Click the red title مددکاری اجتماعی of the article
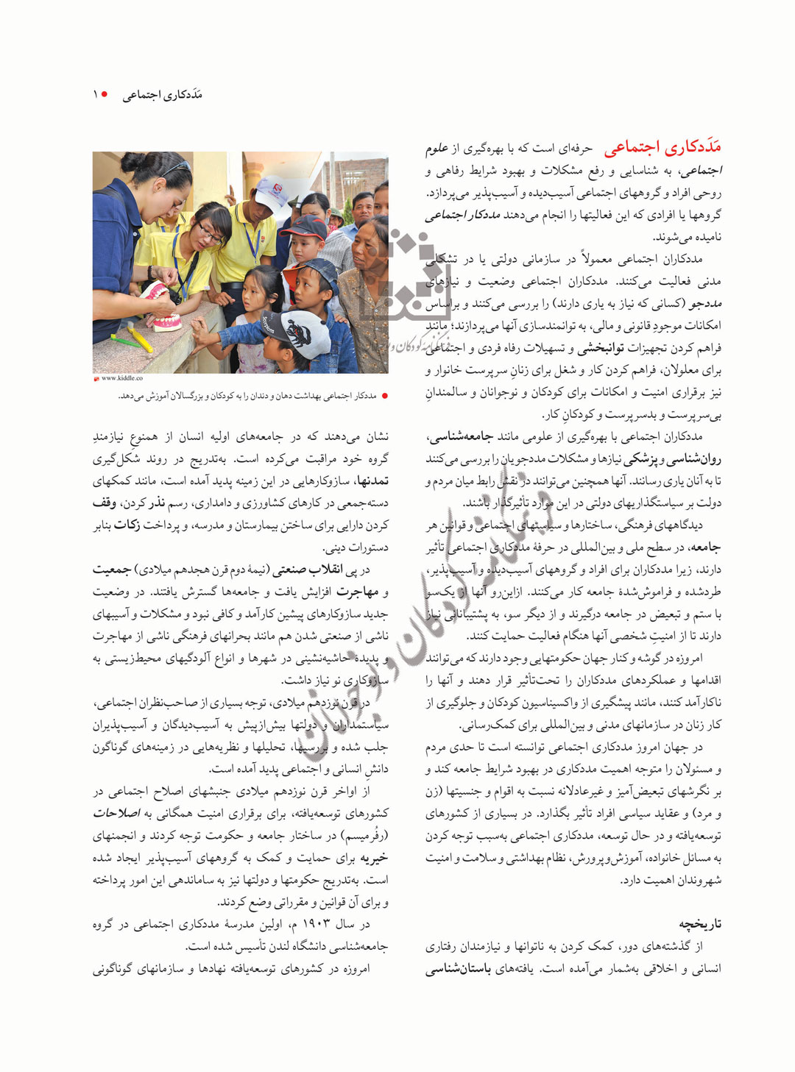coord(662,148)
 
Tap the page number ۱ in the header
coord(95,95)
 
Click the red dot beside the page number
coord(105,95)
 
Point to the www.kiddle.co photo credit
coord(122,378)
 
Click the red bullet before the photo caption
coord(384,396)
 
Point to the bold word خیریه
coord(373,858)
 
